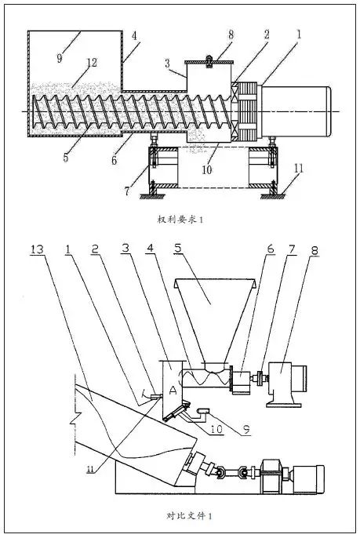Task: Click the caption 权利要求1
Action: pos(180,220)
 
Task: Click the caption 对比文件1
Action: pos(189,515)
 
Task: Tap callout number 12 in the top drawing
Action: pos(92,63)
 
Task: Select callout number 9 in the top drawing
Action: pos(60,58)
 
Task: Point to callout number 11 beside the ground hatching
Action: pos(299,168)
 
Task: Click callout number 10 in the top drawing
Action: pos(206,169)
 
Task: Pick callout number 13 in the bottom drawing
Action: pos(37,249)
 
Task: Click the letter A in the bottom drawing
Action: pos(173,390)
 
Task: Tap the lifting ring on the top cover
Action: pos(209,61)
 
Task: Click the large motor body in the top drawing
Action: pos(296,111)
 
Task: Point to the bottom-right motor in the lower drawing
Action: pos(293,479)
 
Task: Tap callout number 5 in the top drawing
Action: pos(66,157)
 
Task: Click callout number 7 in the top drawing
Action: pos(127,191)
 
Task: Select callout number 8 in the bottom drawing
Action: pos(315,250)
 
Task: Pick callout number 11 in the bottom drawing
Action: pos(91,469)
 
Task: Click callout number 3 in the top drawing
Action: pos(167,63)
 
